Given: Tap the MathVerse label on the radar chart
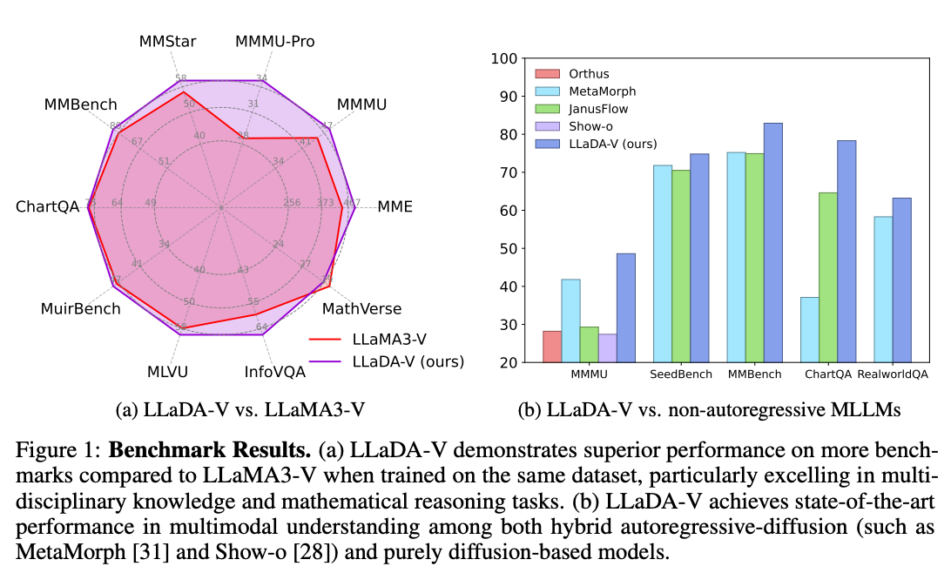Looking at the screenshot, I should (x=361, y=309).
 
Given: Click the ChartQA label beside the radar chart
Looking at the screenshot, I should (x=47, y=207).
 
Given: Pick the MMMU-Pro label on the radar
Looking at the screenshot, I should (x=275, y=41).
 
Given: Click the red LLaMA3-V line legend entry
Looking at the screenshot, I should (x=387, y=338).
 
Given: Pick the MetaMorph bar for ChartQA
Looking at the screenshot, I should (x=809, y=329).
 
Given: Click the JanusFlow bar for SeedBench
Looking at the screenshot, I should (x=681, y=266).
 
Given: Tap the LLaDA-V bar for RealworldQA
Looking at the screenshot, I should (x=901, y=280).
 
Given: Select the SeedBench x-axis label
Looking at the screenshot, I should (x=682, y=374).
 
